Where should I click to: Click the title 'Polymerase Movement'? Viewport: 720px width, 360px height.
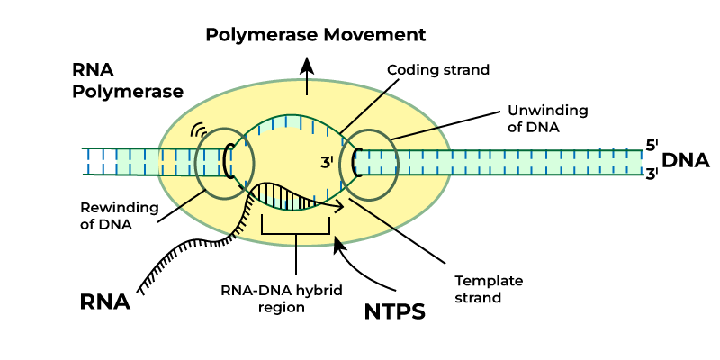(315, 36)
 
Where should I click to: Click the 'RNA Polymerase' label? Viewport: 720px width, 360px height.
(129, 80)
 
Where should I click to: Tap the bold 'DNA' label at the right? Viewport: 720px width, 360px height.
(686, 160)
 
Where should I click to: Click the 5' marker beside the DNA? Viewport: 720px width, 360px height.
(652, 145)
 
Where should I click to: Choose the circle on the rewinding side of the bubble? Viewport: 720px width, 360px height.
(226, 163)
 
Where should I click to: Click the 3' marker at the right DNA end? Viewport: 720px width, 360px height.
(652, 174)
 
